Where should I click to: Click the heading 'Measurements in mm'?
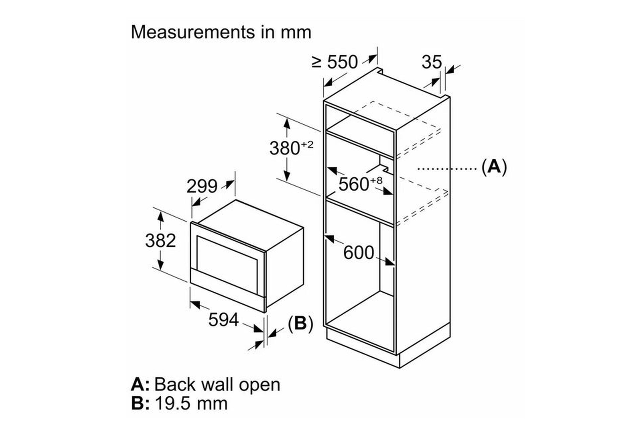tap(221, 32)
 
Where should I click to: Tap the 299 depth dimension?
tap(202, 186)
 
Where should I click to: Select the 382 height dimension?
tap(161, 241)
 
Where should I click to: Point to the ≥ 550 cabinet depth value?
tap(335, 62)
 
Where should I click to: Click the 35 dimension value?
tap(432, 62)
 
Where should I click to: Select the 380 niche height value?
tap(285, 148)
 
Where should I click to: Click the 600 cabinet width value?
tap(359, 253)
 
